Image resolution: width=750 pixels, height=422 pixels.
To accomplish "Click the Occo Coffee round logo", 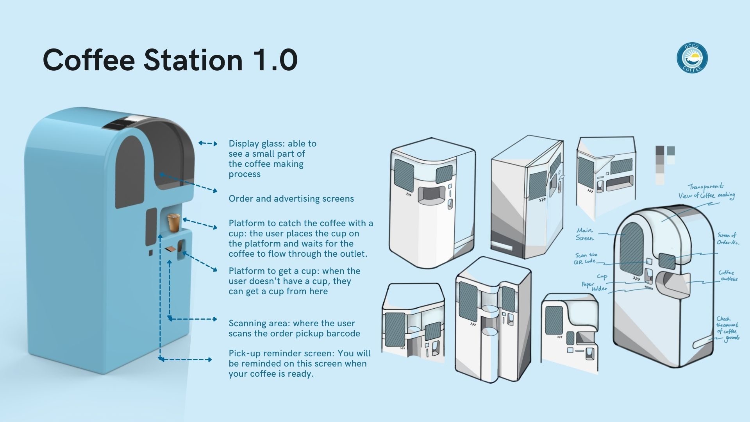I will [692, 58].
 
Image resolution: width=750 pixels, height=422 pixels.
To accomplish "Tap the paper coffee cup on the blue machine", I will [173, 223].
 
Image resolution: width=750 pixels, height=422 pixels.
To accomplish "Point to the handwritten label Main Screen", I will [585, 234].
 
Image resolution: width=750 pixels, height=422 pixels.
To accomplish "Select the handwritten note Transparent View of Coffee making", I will [706, 191].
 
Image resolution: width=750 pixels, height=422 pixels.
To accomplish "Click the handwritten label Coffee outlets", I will [727, 275].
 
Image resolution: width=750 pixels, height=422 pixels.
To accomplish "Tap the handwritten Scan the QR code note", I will [586, 258].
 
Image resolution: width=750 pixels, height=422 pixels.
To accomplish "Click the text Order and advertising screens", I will [291, 198].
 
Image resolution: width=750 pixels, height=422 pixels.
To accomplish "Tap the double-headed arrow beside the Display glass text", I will [208, 143].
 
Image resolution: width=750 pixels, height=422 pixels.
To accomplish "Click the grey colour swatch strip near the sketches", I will [660, 165].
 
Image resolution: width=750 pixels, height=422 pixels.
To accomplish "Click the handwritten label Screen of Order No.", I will [727, 238].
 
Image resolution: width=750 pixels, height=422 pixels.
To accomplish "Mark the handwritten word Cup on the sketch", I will [602, 277].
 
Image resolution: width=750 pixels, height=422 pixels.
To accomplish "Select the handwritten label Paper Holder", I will [594, 286].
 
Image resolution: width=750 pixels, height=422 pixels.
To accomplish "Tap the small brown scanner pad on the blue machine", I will [170, 249].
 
